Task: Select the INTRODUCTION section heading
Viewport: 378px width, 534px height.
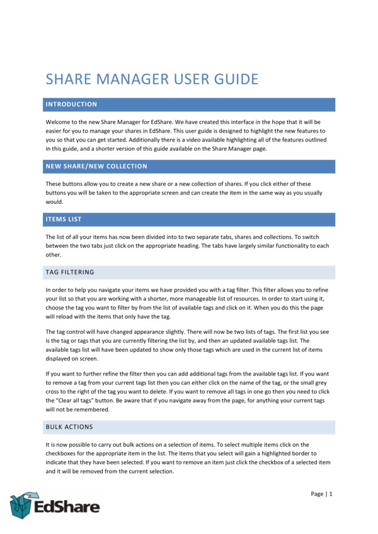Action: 71,104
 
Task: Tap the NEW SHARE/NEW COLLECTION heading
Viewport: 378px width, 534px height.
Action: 96,167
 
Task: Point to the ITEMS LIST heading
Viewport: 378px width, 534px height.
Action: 64,219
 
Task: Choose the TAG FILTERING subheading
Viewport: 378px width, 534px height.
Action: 70,272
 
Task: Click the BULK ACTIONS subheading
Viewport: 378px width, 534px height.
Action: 69,427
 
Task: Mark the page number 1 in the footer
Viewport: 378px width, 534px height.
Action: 330,494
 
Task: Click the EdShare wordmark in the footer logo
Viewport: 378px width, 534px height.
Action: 66,506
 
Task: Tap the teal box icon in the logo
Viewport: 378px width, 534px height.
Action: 21,505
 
